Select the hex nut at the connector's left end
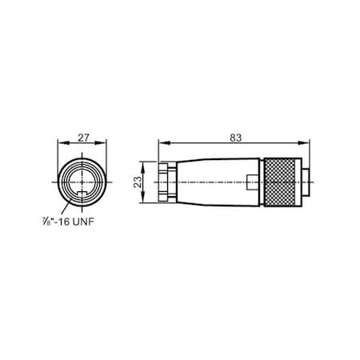pyautogui.click(x=166, y=183)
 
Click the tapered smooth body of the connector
pyautogui.click(x=212, y=183)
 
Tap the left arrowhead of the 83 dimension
pyautogui.click(x=162, y=144)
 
